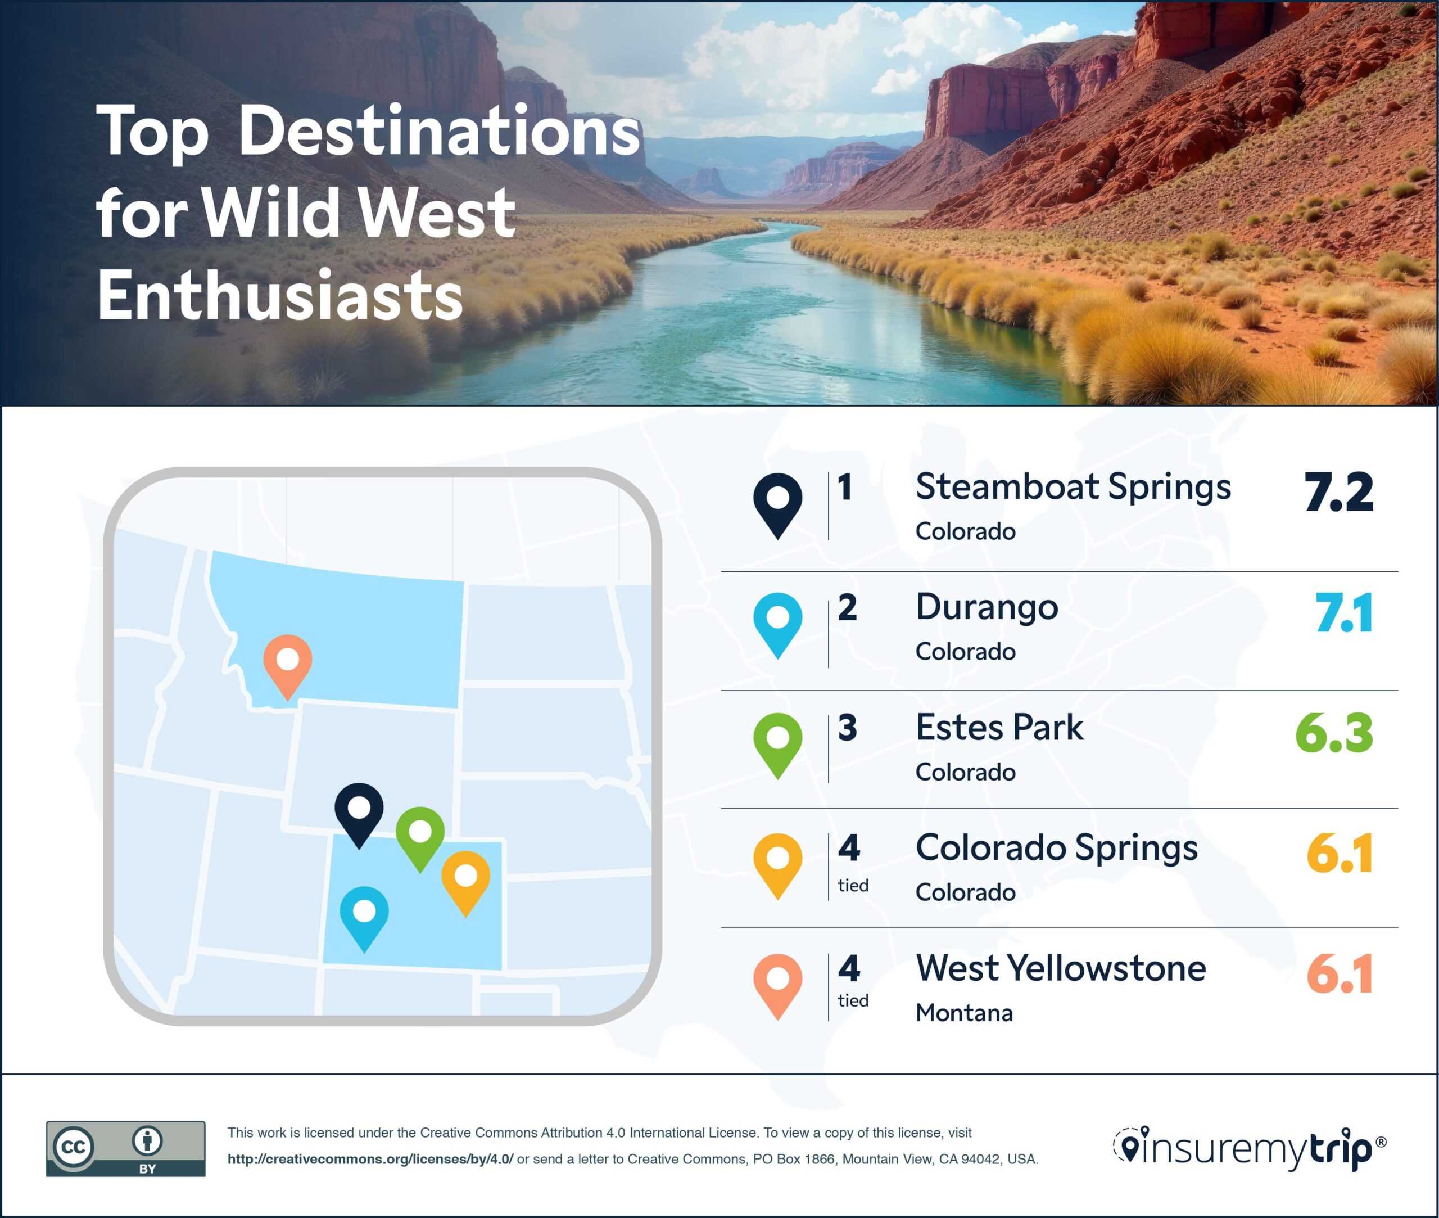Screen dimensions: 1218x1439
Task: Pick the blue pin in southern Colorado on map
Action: coord(364,913)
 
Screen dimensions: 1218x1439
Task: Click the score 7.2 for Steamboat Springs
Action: coord(1338,492)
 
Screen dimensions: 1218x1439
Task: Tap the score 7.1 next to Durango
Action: coord(1343,613)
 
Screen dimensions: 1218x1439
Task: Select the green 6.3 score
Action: coord(1334,733)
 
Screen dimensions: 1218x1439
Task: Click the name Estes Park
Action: coord(999,728)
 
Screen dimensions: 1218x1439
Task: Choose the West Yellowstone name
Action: coord(1061,968)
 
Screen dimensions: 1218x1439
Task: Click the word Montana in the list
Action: coord(964,1013)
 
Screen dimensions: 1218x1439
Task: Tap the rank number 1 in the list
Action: coord(845,488)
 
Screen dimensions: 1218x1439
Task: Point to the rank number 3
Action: coord(848,728)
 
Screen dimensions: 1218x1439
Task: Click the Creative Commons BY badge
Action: coord(125,1149)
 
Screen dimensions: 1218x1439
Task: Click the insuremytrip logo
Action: coord(1248,1149)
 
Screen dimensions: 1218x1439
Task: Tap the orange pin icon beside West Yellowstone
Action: coord(778,985)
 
